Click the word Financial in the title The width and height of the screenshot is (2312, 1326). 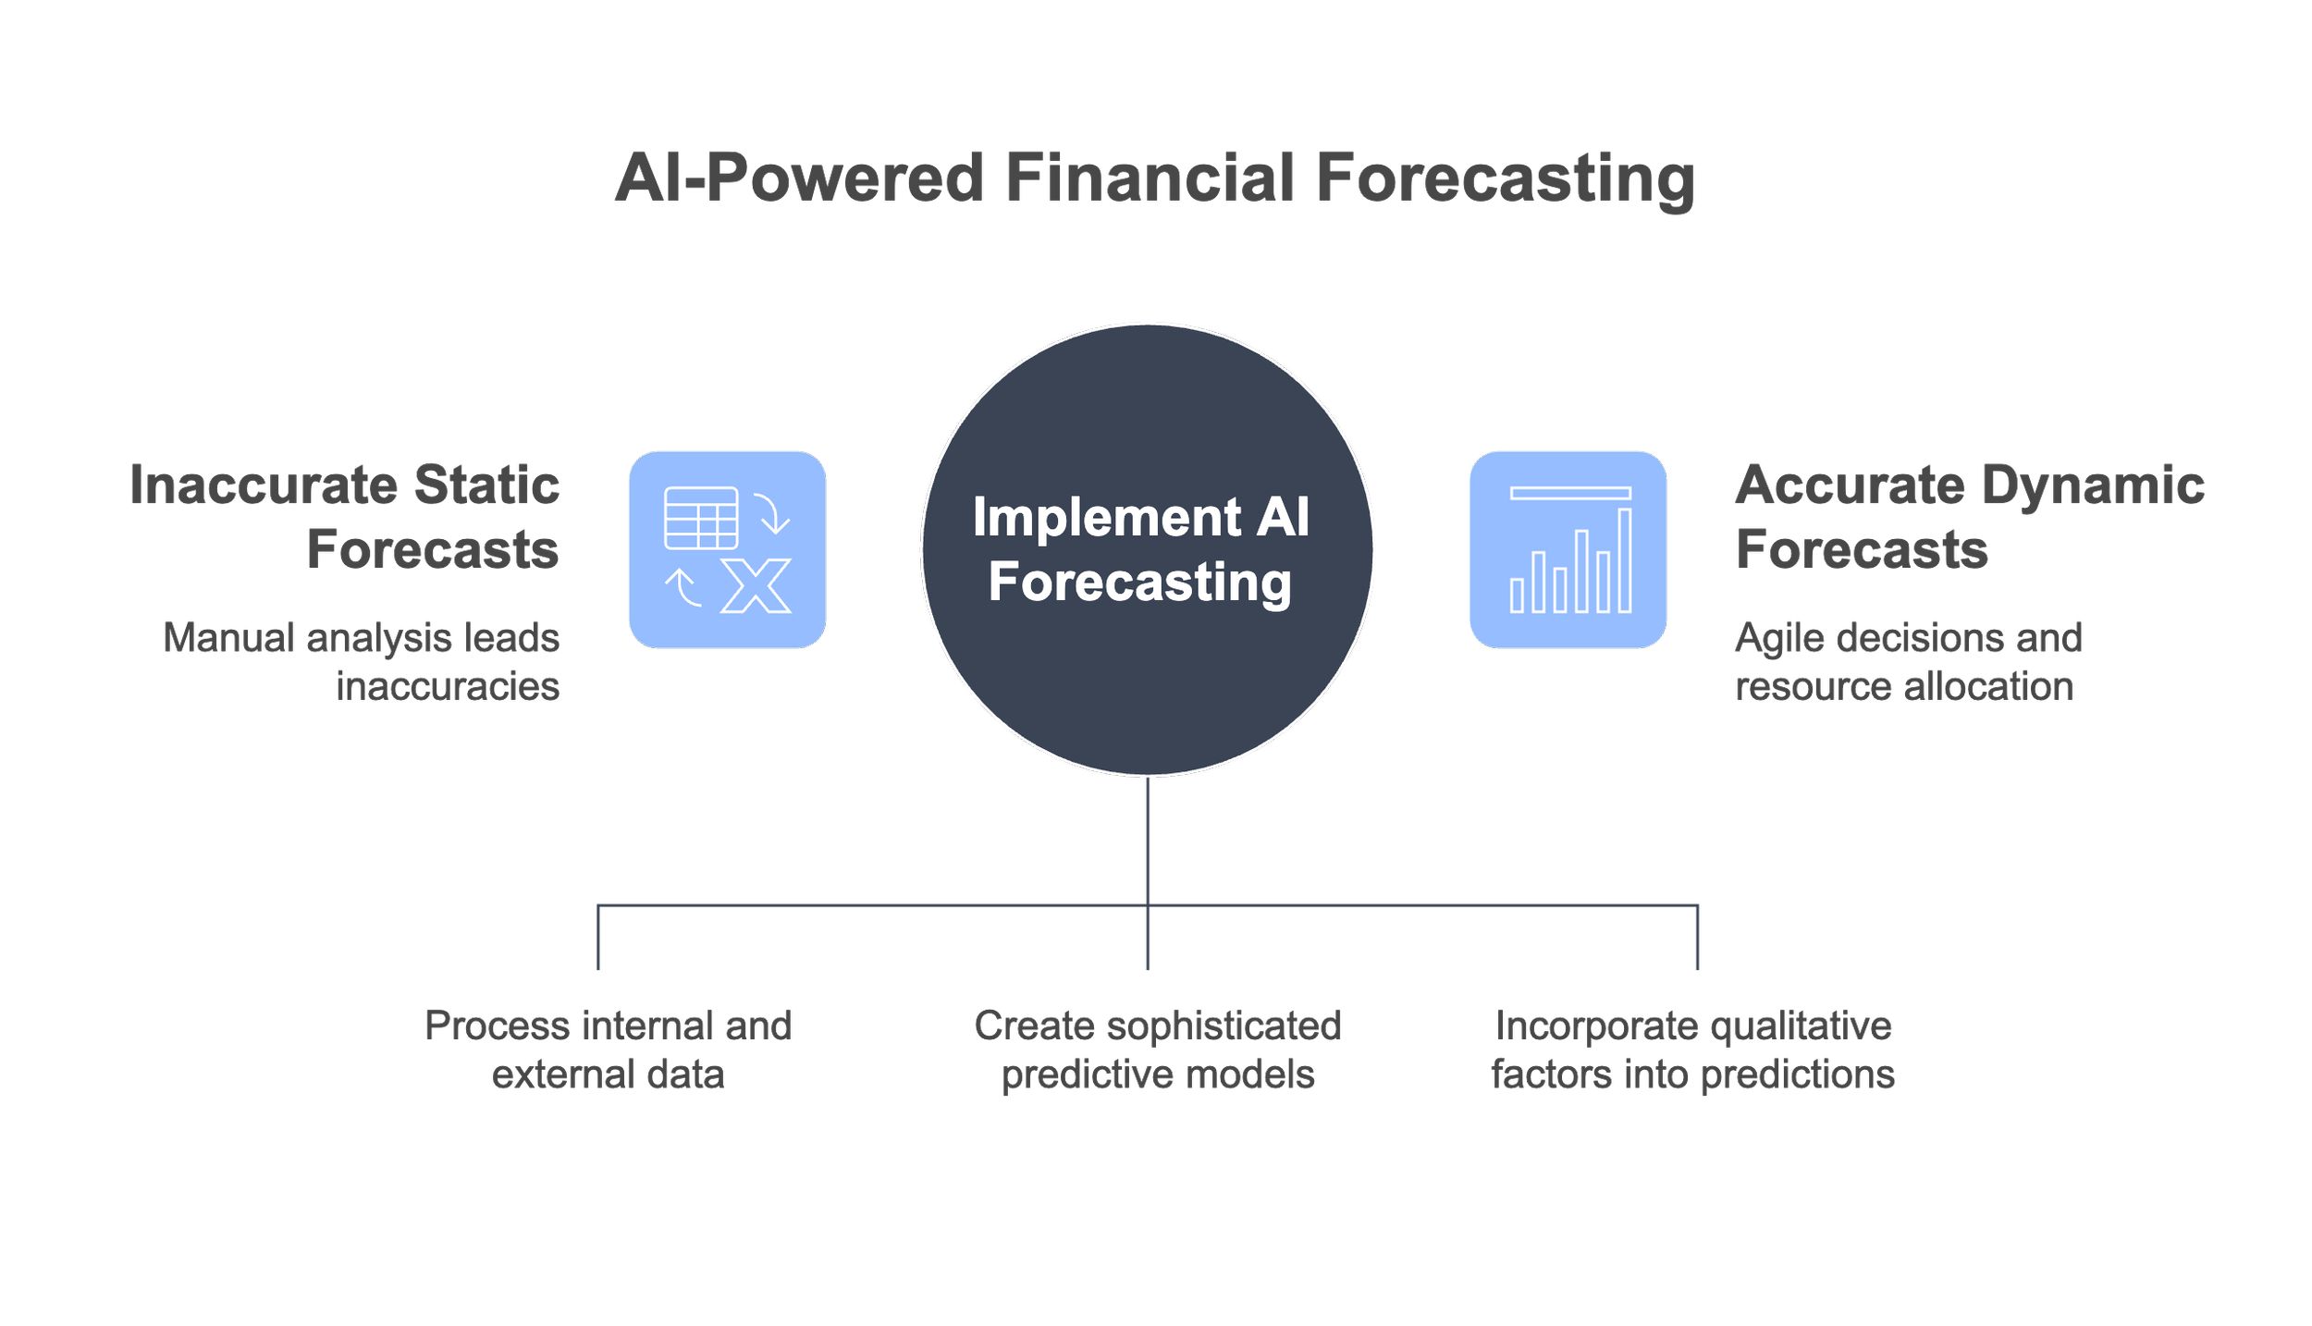[x=1150, y=178]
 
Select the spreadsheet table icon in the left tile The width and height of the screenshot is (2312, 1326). [x=701, y=518]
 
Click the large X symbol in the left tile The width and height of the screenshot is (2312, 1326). [x=756, y=585]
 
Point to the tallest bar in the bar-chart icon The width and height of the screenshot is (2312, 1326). [x=1624, y=560]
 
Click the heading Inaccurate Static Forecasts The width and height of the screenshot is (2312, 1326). [x=344, y=517]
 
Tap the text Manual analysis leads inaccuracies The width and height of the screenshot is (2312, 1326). [x=362, y=662]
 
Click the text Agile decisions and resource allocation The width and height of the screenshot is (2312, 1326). [x=1908, y=662]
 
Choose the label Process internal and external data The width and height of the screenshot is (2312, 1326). [x=608, y=1050]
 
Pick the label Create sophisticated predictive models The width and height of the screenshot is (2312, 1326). [x=1157, y=1050]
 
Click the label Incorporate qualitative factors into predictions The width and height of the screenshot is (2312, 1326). [x=1692, y=1050]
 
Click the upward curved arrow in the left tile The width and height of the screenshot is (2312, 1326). [x=683, y=586]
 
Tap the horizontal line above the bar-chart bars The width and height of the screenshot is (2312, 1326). [x=1569, y=493]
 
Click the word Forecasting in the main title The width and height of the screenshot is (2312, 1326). [x=1505, y=178]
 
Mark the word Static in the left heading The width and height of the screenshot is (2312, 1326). [x=486, y=485]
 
